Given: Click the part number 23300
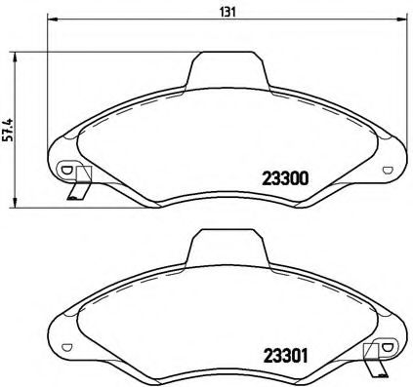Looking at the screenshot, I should click(285, 178).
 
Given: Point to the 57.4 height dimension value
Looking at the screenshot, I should click(9, 129).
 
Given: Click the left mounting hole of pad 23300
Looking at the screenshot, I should click(66, 170).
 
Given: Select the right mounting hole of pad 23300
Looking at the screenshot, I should click(389, 169).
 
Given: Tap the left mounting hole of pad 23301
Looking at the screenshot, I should click(66, 347).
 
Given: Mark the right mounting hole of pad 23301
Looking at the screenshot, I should click(389, 346).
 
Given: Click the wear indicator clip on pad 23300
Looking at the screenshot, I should click(78, 185).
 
